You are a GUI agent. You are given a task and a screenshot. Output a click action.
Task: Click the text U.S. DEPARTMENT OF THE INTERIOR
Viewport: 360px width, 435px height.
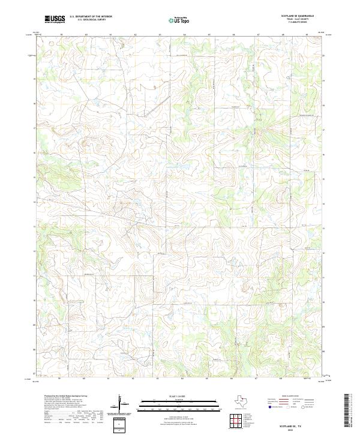(x=91, y=17)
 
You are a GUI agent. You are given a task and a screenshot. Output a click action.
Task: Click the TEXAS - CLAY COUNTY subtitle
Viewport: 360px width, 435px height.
(x=299, y=19)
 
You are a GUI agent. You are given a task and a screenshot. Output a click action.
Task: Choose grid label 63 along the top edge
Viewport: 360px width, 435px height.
(x=160, y=35)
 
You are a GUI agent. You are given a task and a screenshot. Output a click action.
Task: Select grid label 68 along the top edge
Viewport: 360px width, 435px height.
(x=282, y=35)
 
